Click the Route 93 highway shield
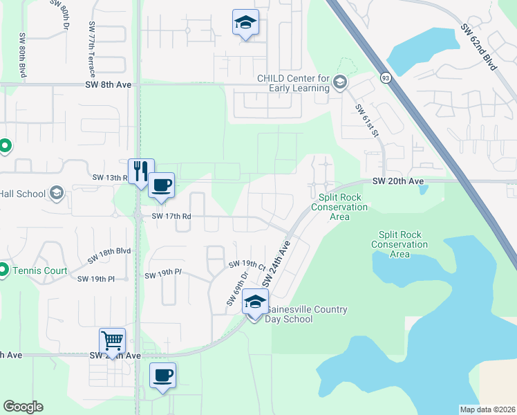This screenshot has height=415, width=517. [385, 78]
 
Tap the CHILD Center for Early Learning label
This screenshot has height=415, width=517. [293, 83]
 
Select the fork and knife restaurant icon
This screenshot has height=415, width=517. [141, 171]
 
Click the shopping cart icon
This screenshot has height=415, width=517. [113, 340]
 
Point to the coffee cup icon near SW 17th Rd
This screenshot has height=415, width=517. [162, 185]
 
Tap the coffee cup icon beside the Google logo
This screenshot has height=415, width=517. [163, 376]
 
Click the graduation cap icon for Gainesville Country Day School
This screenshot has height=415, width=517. [255, 303]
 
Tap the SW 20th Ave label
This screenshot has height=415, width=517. [397, 181]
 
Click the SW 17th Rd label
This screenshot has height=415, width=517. [171, 216]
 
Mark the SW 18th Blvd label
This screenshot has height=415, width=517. [109, 255]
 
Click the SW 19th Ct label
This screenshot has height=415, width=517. [247, 264]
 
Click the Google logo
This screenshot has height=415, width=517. [23, 407]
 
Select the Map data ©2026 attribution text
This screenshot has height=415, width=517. [487, 409]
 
